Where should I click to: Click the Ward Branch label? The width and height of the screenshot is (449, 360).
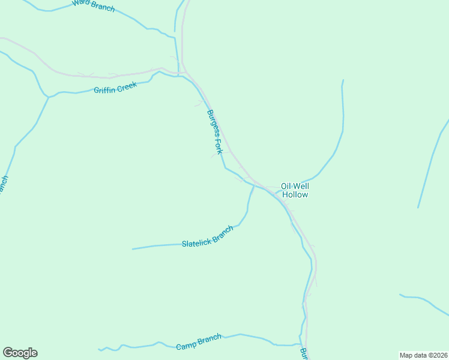(x=93, y=4)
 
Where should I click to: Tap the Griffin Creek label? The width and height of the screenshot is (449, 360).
(x=115, y=88)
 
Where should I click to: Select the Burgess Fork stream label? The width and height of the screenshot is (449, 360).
(x=214, y=131)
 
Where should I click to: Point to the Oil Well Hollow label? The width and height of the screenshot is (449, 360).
(x=295, y=190)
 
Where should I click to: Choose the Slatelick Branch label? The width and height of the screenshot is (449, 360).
(x=207, y=237)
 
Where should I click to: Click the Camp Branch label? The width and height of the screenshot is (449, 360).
(x=199, y=343)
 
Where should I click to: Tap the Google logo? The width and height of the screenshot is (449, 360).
(x=20, y=353)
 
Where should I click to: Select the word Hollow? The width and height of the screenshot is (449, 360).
(x=295, y=195)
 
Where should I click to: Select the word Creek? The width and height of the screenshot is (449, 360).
(x=127, y=85)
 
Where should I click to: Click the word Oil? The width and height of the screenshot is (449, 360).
(x=286, y=186)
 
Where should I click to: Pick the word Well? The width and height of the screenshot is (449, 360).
(x=301, y=186)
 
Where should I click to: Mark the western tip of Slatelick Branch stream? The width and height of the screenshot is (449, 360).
(x=133, y=248)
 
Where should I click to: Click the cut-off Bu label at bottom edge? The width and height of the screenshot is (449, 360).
(x=304, y=354)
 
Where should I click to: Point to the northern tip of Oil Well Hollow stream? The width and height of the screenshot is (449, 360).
(x=343, y=80)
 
